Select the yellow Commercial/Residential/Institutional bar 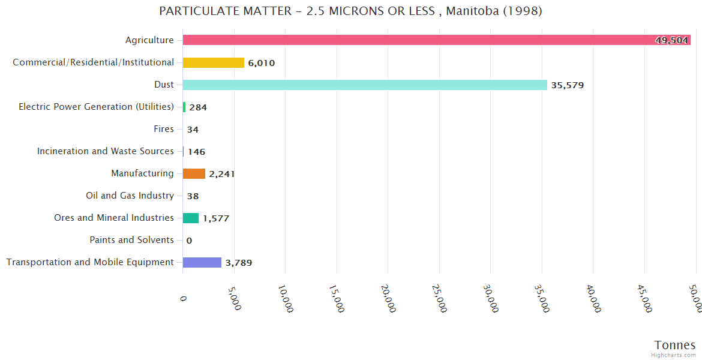(x=214, y=62)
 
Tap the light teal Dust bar (x=365, y=85)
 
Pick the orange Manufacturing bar (x=194, y=173)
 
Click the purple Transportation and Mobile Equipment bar (x=202, y=262)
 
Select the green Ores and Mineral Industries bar (x=191, y=218)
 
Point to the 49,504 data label (x=671, y=40)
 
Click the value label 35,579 (x=567, y=85)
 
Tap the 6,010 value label (x=261, y=63)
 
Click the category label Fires (x=164, y=129)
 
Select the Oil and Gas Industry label (x=130, y=196)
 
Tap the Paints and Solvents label (x=132, y=240)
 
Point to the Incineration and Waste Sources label (x=106, y=151)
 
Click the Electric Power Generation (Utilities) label (x=97, y=107)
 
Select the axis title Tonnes (x=675, y=345)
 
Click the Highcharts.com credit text (x=674, y=355)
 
